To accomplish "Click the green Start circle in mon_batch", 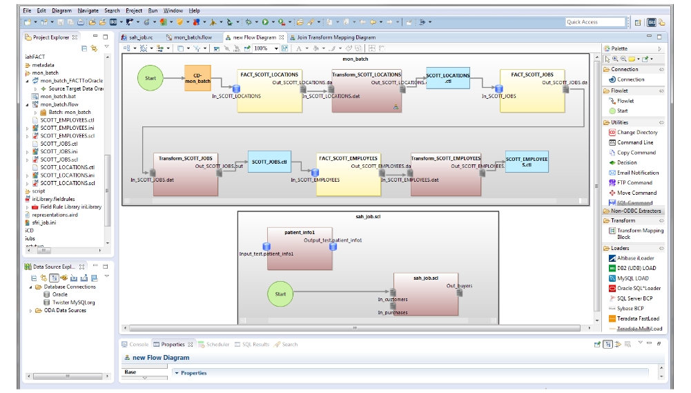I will [150, 78].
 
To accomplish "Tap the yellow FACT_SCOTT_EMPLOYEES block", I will [348, 173].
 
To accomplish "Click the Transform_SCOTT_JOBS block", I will [185, 173].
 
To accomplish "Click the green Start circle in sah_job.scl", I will [280, 294].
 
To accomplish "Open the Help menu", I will [195, 11].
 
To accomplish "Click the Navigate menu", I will [88, 11].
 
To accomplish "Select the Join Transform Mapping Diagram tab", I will [336, 37].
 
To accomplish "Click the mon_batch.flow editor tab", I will [192, 37].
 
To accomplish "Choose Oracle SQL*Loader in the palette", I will [639, 288].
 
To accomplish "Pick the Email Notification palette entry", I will [638, 173].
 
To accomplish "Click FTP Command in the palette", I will [634, 183].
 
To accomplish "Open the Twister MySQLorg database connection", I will [73, 302].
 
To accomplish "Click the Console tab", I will [139, 344].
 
